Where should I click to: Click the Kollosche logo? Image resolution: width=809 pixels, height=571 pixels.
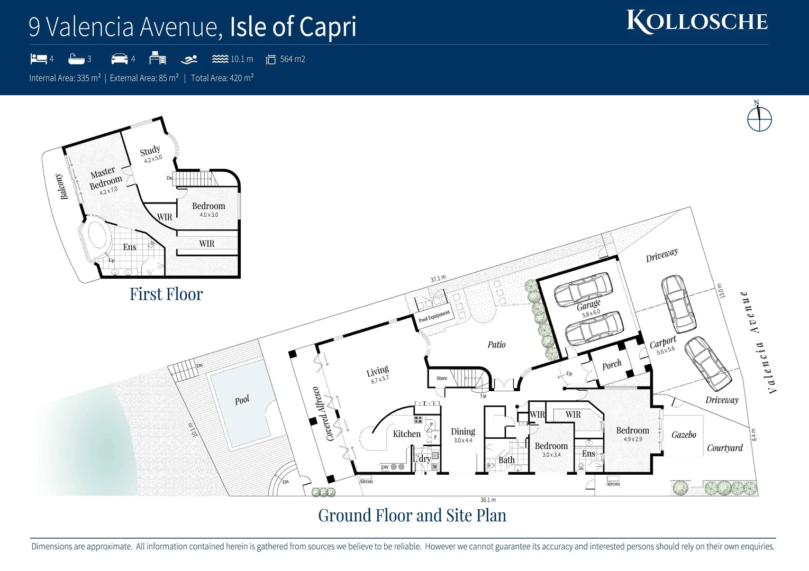click(697, 22)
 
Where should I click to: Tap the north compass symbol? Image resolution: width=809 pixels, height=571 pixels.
click(759, 118)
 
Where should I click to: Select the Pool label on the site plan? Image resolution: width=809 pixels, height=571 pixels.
click(242, 400)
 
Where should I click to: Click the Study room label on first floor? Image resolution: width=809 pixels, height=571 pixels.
click(150, 151)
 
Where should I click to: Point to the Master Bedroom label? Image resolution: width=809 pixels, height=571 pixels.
click(105, 178)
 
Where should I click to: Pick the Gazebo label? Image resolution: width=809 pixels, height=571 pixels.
click(684, 435)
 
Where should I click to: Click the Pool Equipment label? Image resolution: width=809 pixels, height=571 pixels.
click(434, 316)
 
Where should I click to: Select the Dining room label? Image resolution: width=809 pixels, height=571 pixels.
click(463, 431)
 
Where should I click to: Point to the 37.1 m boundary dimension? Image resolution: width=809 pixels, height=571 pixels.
click(438, 279)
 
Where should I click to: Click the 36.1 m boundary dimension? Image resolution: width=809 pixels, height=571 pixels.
click(488, 500)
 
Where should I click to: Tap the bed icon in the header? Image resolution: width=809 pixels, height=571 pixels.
click(38, 59)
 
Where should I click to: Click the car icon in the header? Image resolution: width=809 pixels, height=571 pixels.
click(120, 59)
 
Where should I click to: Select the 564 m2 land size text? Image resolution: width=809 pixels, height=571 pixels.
click(293, 59)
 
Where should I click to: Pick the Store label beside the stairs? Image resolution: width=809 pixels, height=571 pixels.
click(442, 378)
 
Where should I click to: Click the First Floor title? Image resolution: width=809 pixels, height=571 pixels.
click(166, 294)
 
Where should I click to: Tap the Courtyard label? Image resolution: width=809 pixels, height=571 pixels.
click(724, 448)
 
